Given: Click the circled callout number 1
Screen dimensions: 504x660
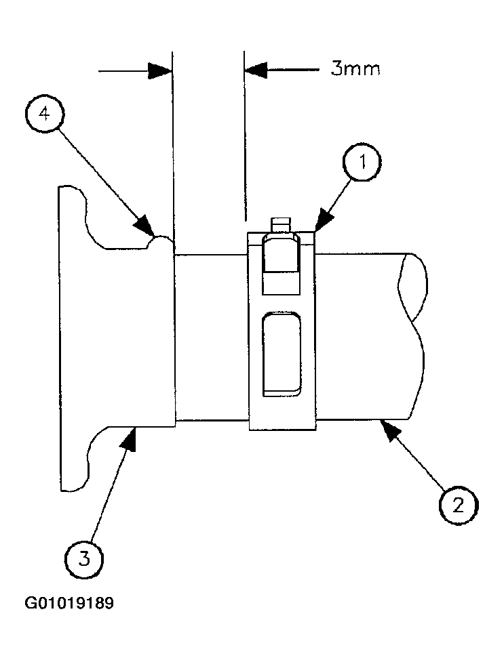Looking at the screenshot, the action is (x=362, y=163).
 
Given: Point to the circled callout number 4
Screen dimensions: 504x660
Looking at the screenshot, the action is (x=44, y=114).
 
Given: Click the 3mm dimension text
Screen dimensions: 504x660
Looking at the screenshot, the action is (x=355, y=68).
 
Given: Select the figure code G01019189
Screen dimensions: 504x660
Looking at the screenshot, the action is (x=70, y=604).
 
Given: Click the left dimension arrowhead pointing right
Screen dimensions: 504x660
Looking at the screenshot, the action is (x=160, y=70).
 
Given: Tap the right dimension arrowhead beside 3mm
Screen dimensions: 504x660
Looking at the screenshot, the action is (x=256, y=70).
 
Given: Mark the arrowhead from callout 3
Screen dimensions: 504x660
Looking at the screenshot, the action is (x=128, y=438).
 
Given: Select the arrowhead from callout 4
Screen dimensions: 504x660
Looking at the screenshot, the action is (x=144, y=224).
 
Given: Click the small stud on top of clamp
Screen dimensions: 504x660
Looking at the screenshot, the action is (x=281, y=225).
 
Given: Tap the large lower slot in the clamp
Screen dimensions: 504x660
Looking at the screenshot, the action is (x=282, y=354).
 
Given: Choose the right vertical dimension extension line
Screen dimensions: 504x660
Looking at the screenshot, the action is (x=244, y=136).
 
